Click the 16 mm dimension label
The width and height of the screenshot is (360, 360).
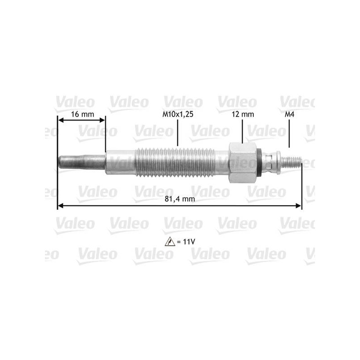point(82,114)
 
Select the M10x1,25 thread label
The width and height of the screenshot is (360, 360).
point(178,114)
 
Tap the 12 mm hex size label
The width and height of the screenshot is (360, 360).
point(243,114)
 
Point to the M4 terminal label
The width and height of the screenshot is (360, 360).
point(289,114)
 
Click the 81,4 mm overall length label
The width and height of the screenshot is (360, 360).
point(180,198)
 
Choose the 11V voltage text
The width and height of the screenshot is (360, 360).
point(189,242)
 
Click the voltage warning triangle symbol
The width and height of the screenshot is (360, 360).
point(170,242)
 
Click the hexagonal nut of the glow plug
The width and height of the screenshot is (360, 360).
point(243,162)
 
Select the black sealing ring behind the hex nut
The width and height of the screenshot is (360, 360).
point(259,162)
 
